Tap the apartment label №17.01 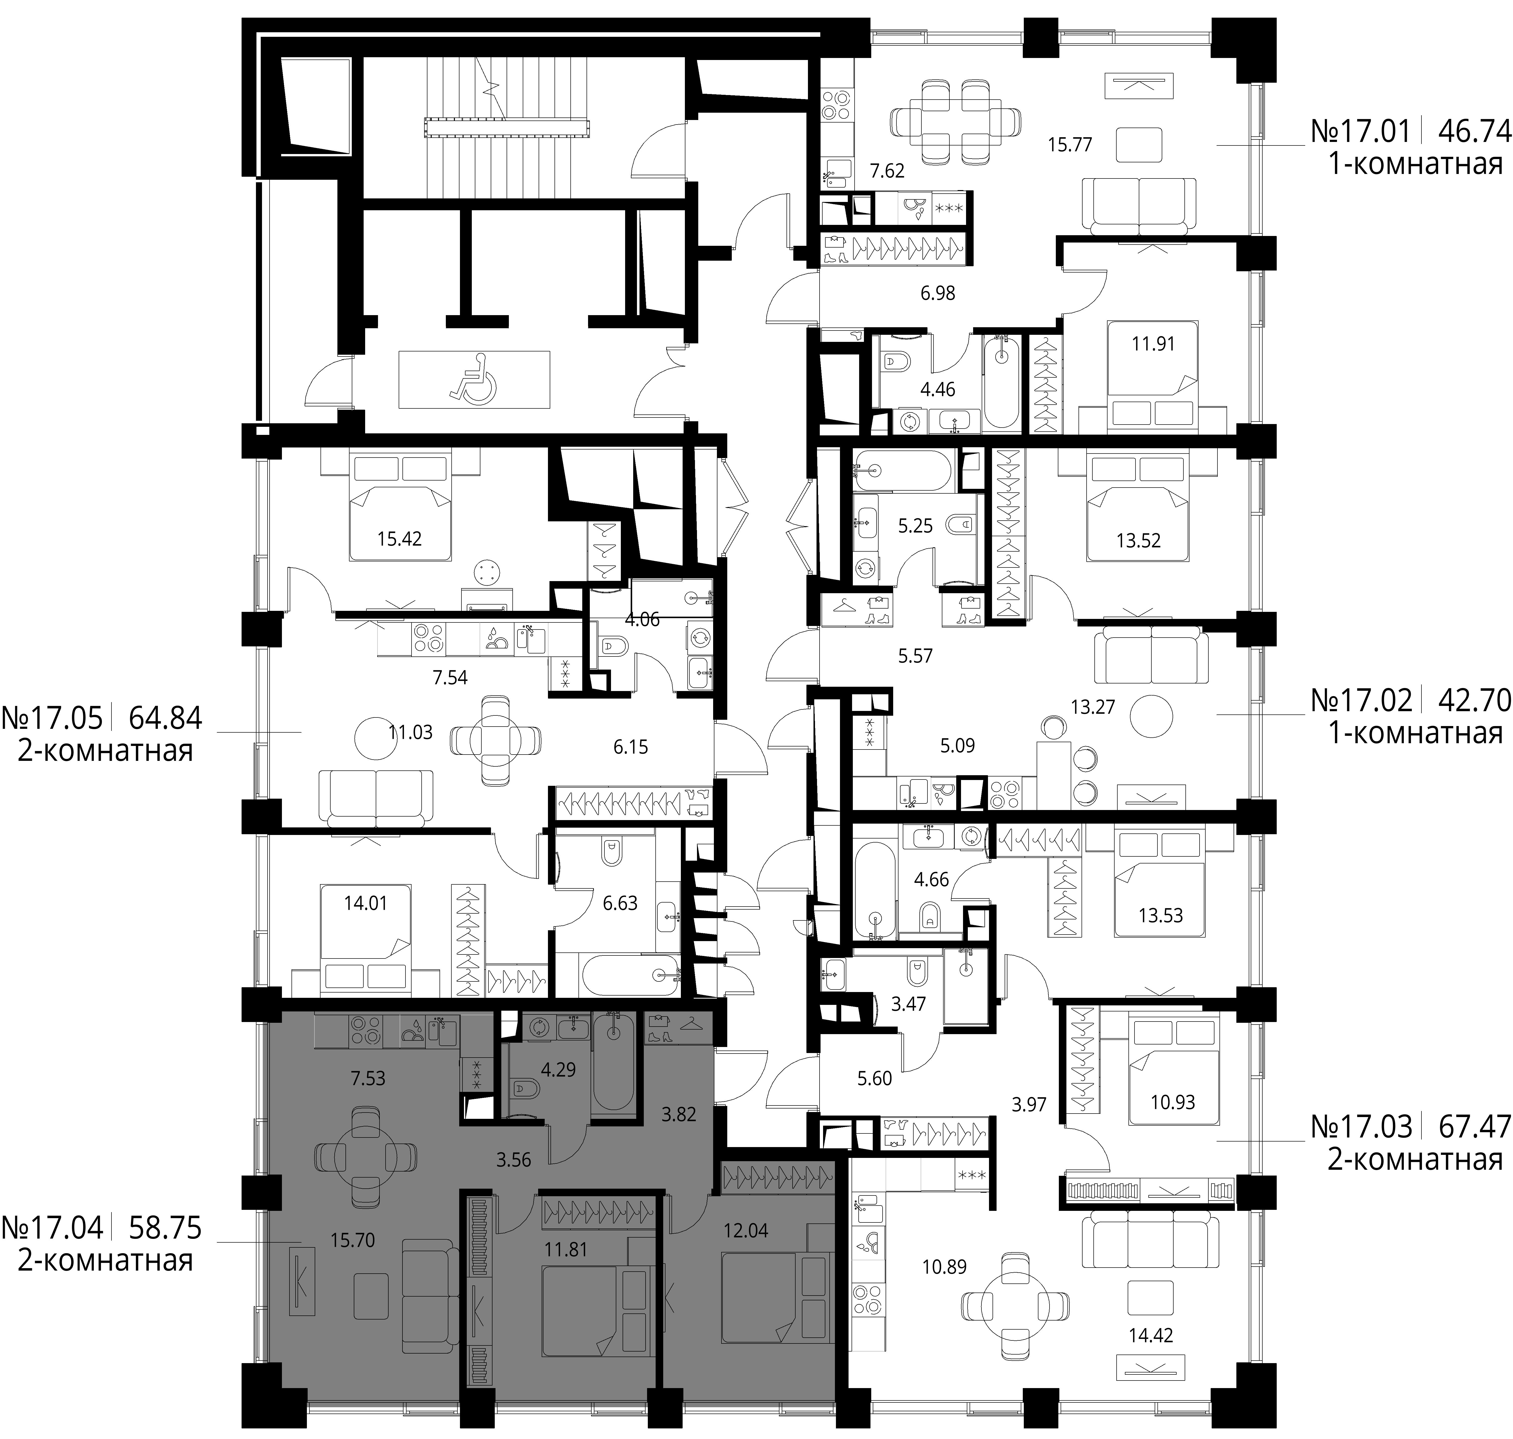click(x=1360, y=131)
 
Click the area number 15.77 click(x=1069, y=144)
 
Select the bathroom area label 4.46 click(x=938, y=389)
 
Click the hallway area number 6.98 click(x=938, y=293)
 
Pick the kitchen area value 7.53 click(x=367, y=1078)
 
